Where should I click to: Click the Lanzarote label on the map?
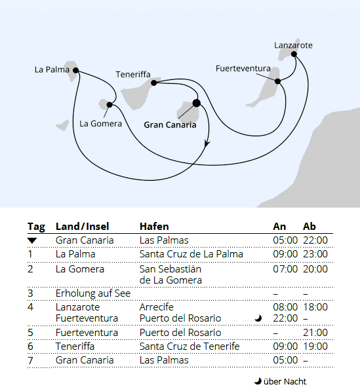coord(293,45)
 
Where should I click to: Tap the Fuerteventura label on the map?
coord(243,68)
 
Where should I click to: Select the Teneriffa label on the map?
coord(134,74)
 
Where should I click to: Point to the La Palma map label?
coord(52,68)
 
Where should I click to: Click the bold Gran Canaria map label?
coord(169,124)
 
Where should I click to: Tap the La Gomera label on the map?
coord(100,123)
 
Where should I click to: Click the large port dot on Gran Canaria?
coord(196,103)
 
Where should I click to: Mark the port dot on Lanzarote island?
coord(294,54)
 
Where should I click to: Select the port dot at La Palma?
coord(76,70)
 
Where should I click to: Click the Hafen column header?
coord(154,227)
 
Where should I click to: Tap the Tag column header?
coord(36,227)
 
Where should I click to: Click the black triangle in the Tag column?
coord(32,241)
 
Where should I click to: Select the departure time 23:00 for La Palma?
coord(315,254)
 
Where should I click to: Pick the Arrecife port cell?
coord(157,307)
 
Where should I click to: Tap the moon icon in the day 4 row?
coord(258,318)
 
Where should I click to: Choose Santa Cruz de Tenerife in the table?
coord(190,346)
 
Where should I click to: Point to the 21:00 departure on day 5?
coord(315,333)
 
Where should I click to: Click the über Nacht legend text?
coord(285,381)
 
